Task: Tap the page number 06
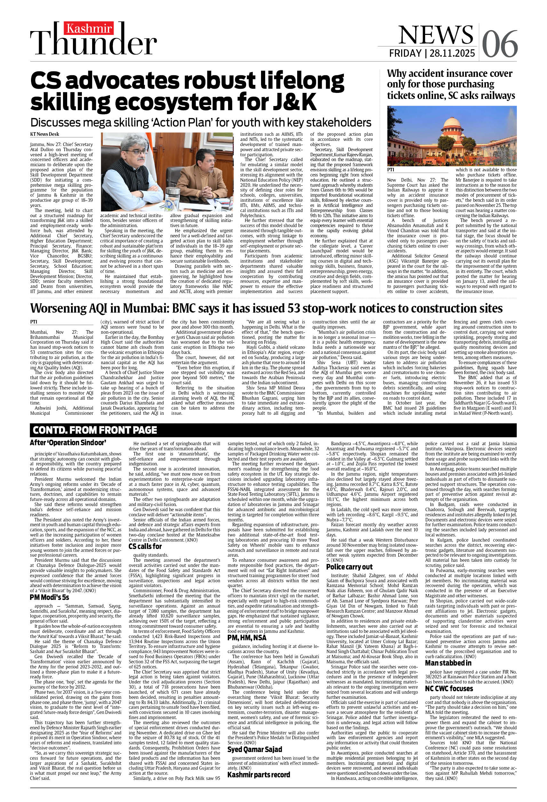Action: (499, 44)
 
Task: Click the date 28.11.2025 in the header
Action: (454, 53)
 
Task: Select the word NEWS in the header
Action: (436, 35)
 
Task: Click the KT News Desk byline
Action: (44, 134)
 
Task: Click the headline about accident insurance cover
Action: (451, 85)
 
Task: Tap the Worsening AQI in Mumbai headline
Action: (266, 308)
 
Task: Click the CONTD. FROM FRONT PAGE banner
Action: (95, 430)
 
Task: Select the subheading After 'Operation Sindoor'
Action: (68, 443)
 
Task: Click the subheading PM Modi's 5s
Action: (49, 597)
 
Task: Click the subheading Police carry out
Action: (349, 567)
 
